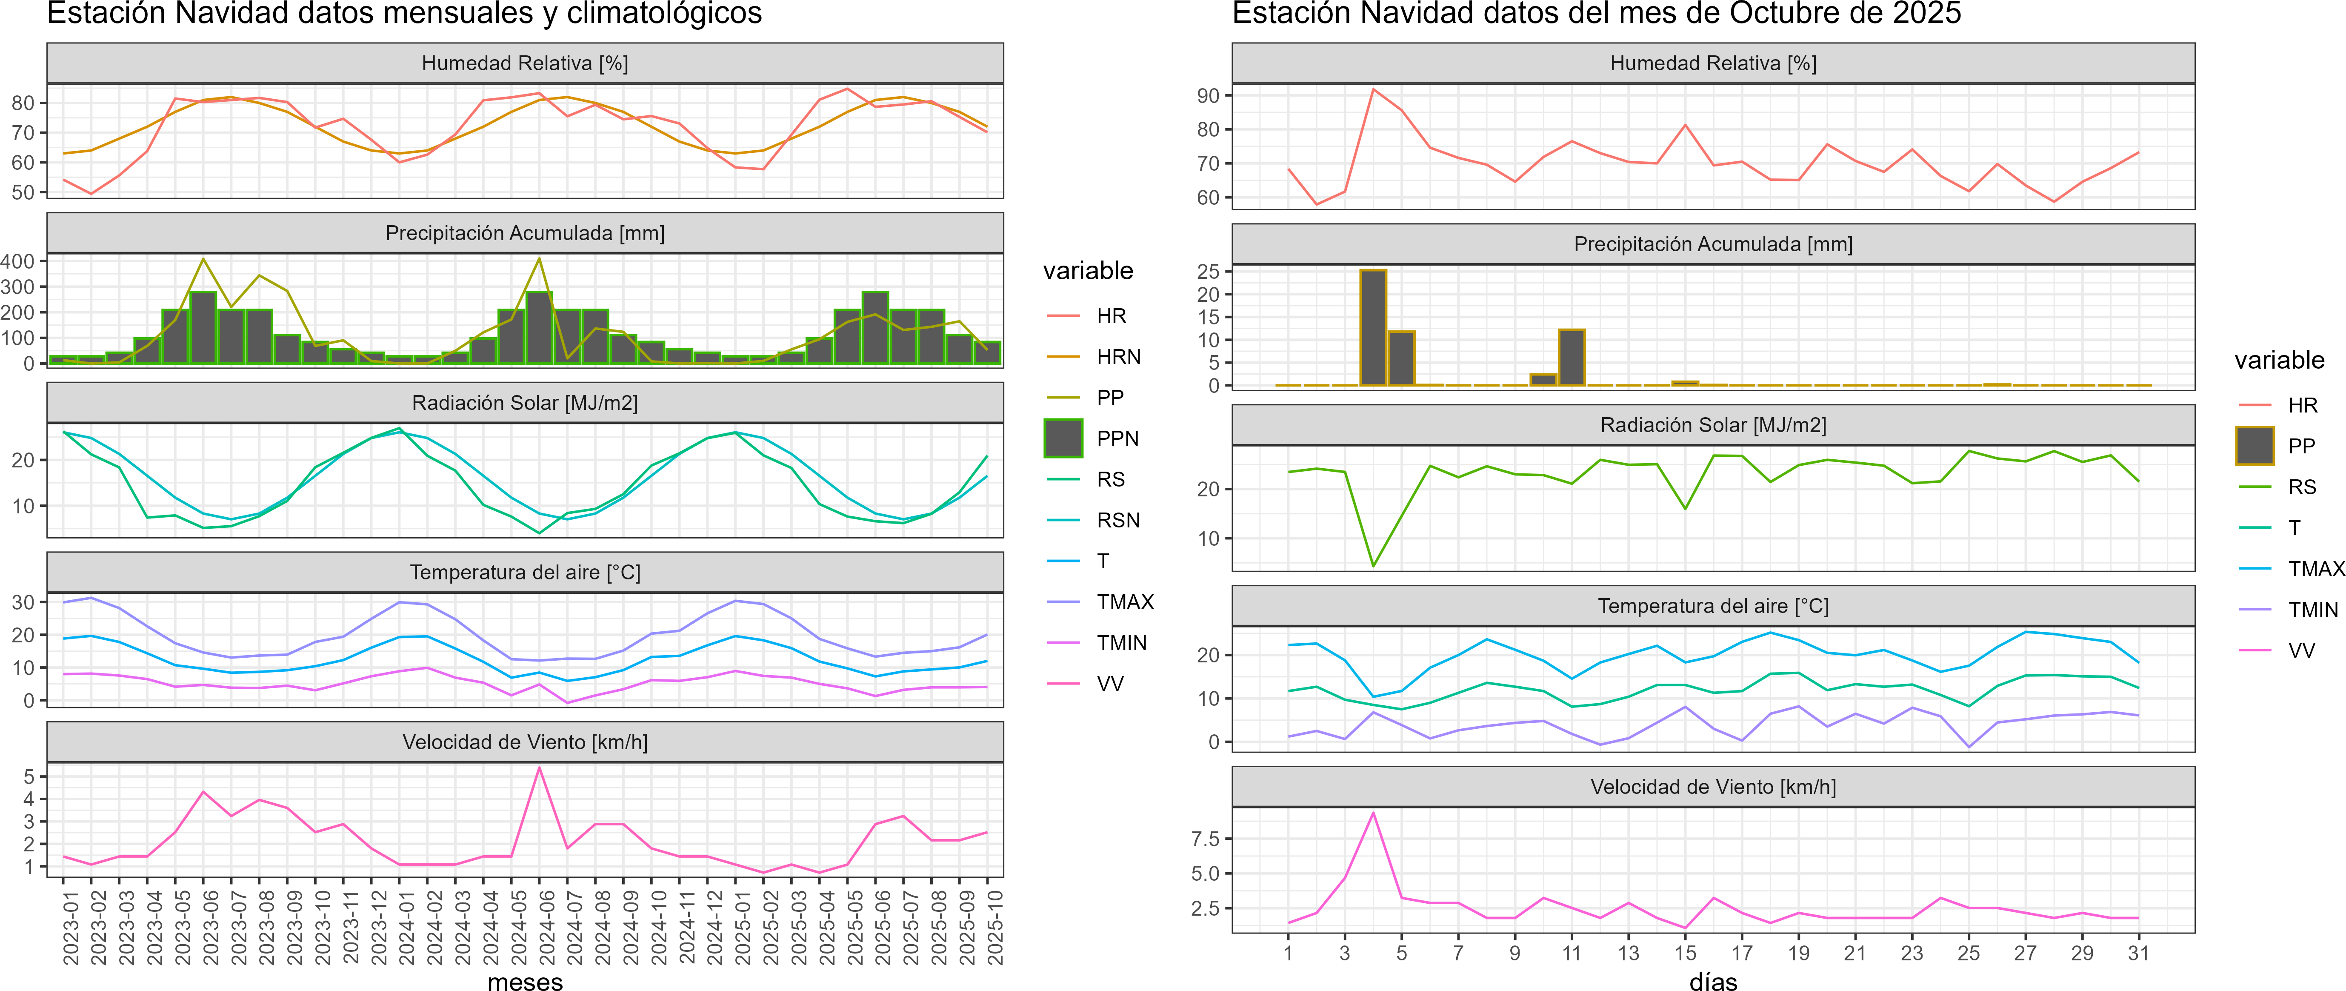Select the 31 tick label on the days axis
[2138, 953]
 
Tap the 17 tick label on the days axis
[1741, 953]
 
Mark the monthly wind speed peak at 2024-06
[539, 768]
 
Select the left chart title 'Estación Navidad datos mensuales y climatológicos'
[404, 14]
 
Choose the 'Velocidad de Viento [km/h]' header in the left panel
[526, 742]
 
